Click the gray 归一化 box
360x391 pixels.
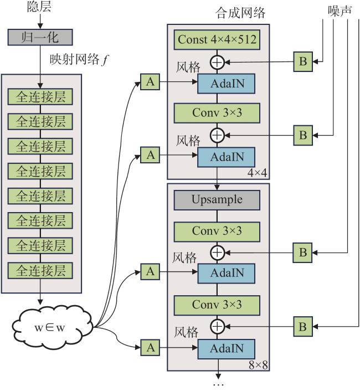point(40,38)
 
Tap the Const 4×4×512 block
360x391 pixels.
point(217,40)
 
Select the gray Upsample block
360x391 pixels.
point(217,200)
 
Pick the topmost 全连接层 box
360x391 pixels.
point(40,97)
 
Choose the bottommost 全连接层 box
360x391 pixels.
point(40,270)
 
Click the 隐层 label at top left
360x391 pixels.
point(39,7)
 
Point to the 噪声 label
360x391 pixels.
point(340,11)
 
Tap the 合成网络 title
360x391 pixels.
point(240,13)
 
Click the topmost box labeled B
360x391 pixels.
point(303,61)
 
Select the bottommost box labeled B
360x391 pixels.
point(303,326)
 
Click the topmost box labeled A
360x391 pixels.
point(150,81)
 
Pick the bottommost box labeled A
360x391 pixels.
point(150,347)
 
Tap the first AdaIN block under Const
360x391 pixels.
point(227,84)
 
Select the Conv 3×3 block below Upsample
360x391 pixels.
point(217,231)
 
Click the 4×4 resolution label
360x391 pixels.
point(258,173)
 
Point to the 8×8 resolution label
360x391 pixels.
point(258,365)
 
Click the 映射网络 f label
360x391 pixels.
point(79,60)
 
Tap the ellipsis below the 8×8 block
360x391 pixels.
point(218,385)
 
